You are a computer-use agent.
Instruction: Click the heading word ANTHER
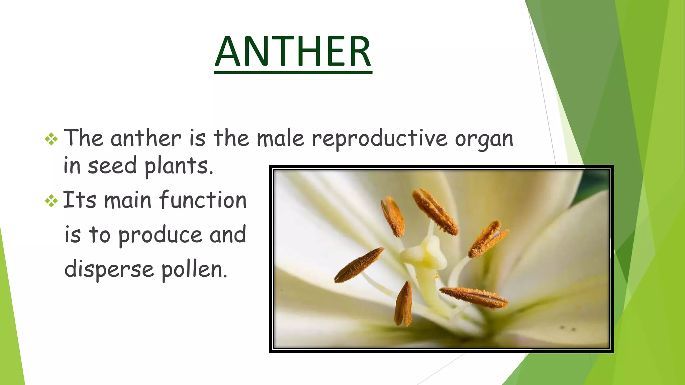(293, 52)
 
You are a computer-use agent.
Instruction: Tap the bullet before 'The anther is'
(51, 139)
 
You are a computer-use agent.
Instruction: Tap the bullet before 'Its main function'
(51, 201)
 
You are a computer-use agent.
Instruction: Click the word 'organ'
(484, 139)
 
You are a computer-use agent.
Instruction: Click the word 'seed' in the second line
(112, 166)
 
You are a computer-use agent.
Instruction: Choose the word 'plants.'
(179, 166)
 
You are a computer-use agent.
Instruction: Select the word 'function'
(203, 200)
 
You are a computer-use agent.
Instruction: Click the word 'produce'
(160, 235)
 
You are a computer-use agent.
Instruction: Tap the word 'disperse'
(109, 269)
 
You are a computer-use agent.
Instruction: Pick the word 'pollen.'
(194, 269)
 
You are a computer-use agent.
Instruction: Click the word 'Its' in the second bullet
(79, 200)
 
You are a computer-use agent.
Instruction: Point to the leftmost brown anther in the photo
(359, 265)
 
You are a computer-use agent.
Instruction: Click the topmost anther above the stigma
(434, 211)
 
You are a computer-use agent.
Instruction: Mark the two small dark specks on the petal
(568, 328)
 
